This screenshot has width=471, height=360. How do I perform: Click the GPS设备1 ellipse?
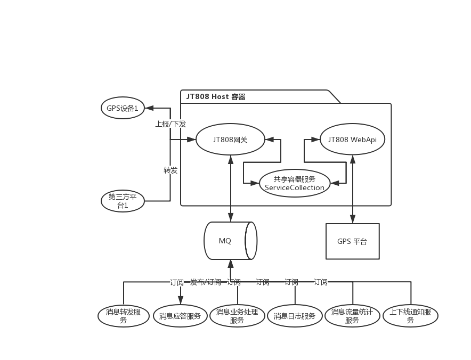coord(123,108)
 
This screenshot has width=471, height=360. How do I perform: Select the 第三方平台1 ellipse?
coord(123,201)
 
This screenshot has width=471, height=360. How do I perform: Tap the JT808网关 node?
coord(230,140)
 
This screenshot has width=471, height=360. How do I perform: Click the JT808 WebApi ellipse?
coord(352,140)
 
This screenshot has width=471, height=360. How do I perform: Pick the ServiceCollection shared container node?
coord(294,183)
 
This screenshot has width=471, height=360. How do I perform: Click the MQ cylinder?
coord(230,241)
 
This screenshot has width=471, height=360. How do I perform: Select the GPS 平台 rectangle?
coord(353,241)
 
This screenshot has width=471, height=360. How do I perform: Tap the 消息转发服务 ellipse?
coord(124,316)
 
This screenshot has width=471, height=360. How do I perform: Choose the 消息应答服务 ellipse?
coord(180,316)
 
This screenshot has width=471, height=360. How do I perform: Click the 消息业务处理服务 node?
coord(237,316)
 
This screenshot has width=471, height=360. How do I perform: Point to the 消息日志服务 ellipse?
coord(294,316)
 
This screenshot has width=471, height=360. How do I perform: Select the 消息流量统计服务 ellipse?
coord(352,316)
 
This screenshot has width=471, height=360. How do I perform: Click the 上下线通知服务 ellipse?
coord(410,316)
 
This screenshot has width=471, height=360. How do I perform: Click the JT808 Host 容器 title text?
coord(216,97)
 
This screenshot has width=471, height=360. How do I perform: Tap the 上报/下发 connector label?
coord(170,124)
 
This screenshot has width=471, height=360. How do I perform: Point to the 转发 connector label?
coord(170,170)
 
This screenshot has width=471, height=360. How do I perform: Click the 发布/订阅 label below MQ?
coord(206,282)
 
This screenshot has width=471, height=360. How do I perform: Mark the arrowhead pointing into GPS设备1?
coord(149,108)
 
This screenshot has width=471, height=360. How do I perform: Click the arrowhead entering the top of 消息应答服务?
coord(181,300)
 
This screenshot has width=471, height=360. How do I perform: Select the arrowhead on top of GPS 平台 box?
coord(353,219)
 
